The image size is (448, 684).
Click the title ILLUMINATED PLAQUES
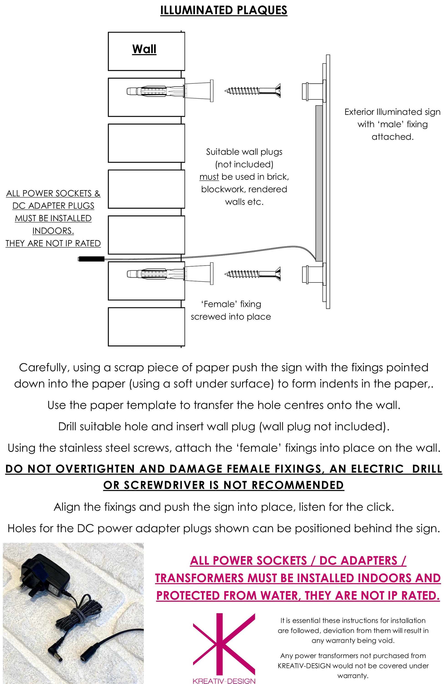224,10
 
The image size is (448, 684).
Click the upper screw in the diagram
252,91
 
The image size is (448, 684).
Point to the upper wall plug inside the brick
155,91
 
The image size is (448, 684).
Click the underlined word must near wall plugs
209,177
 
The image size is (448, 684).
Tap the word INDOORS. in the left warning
53,231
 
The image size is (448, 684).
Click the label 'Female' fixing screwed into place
231,310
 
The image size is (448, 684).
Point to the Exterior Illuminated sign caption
392,124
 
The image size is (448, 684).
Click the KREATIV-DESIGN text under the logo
224,681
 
